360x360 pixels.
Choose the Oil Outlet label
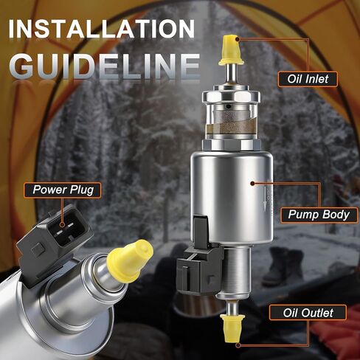[309, 313]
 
